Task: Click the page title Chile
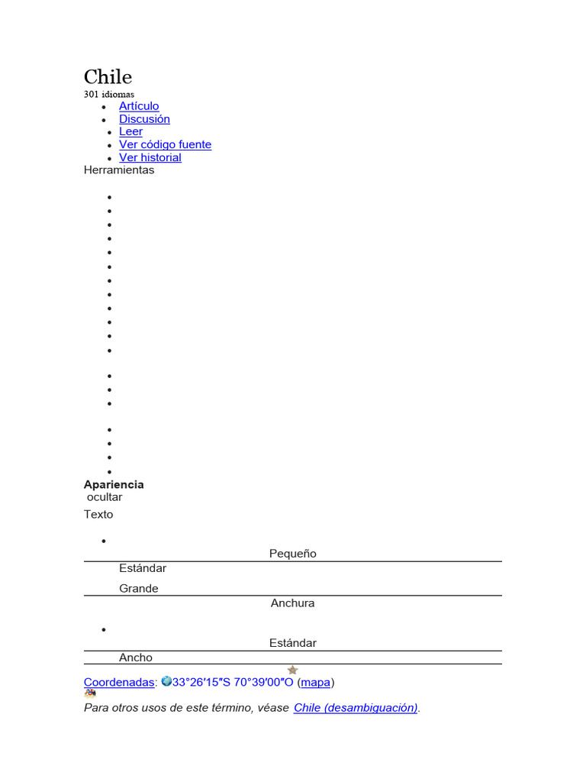[x=108, y=76]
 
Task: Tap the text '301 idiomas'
[x=108, y=94]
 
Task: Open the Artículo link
[x=139, y=106]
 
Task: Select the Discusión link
[x=144, y=119]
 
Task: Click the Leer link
[x=130, y=131]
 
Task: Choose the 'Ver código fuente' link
[x=165, y=144]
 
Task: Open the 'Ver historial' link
[x=150, y=157]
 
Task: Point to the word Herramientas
[x=119, y=170]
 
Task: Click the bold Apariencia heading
[x=114, y=484]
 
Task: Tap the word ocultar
[x=105, y=497]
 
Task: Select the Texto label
[x=98, y=514]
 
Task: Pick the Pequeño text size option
[x=293, y=554]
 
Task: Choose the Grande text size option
[x=139, y=588]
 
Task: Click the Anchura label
[x=293, y=603]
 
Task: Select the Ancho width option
[x=136, y=658]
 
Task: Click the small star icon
[x=292, y=670]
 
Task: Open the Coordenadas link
[x=119, y=682]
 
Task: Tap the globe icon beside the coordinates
[x=166, y=681]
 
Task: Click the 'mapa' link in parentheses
[x=315, y=682]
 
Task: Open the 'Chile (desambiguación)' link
[x=356, y=708]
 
